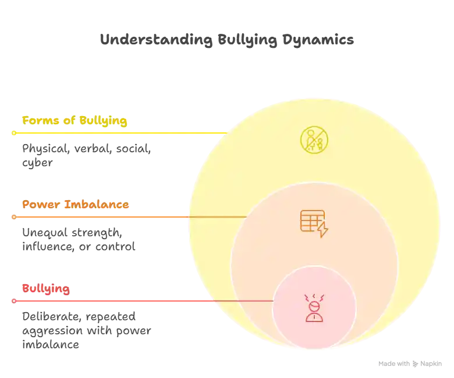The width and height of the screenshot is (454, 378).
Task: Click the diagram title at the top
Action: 225,40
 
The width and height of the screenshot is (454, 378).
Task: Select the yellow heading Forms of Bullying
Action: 74,121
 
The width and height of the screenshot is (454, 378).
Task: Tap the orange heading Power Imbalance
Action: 75,205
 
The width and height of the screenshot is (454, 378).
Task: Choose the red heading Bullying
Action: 45,289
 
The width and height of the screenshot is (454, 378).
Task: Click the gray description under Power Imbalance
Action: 79,240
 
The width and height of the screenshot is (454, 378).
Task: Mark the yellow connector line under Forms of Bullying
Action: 116,133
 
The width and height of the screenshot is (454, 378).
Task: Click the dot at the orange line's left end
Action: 13,217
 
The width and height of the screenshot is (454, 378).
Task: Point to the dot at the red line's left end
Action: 13,301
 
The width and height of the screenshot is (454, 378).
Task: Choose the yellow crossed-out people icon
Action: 314,140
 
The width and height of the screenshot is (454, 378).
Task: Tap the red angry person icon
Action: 314,308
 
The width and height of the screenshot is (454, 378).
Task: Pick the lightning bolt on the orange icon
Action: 322,229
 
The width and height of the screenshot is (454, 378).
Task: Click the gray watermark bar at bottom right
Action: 409,363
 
